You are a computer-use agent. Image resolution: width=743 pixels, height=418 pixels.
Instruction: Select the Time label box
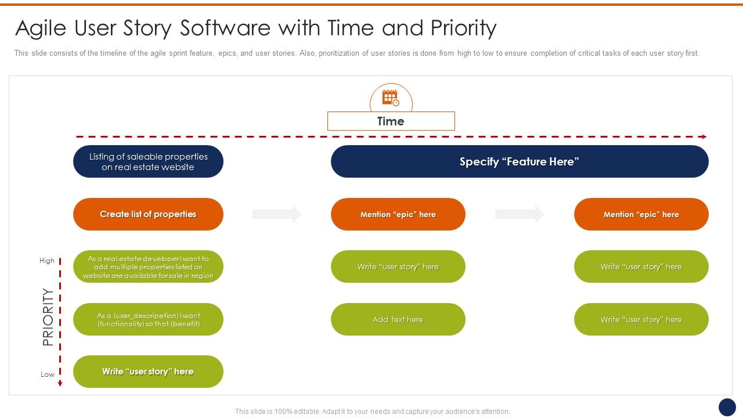pos(391,121)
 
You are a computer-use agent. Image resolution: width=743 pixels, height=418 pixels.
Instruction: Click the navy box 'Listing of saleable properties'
pos(148,161)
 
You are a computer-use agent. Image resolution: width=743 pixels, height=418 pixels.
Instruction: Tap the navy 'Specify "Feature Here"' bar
pos(520,161)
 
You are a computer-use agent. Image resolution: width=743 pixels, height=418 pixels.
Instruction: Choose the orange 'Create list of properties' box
pos(148,214)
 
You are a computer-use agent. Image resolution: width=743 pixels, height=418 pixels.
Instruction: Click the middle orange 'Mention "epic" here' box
pos(398,214)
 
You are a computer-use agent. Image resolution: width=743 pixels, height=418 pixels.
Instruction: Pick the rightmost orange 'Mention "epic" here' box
pos(641,214)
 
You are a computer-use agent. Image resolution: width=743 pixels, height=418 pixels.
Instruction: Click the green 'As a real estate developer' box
pos(148,267)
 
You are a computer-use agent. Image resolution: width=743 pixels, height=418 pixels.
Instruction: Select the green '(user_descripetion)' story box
pos(148,319)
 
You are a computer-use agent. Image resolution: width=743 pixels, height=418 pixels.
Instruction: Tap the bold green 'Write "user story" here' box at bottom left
pos(148,372)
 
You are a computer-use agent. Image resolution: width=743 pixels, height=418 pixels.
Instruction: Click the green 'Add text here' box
pos(398,319)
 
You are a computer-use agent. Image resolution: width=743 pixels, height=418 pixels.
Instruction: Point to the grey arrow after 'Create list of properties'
pos(277,214)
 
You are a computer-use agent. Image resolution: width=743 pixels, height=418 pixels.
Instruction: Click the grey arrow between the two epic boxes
pos(520,214)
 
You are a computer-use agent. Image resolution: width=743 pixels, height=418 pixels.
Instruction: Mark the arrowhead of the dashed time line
pos(704,137)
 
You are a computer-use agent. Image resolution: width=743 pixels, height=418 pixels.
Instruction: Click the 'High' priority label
pos(47,261)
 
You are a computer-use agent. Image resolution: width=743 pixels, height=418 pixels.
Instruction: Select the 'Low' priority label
pos(48,374)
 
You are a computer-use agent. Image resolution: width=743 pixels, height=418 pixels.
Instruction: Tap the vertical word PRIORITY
pos(48,317)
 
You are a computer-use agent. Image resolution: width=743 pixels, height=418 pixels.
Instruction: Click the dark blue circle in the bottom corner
pos(727,407)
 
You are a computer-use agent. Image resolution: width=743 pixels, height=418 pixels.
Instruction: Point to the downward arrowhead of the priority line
pos(60,383)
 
